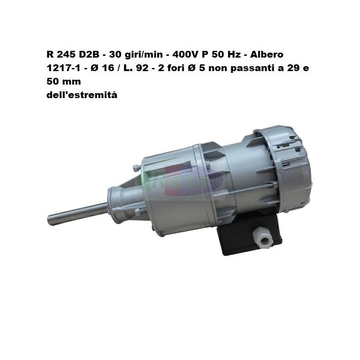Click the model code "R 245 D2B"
73,54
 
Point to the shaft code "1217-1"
63,68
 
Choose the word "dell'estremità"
82,95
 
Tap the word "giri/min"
145,55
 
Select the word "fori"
175,68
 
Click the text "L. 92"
136,68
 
